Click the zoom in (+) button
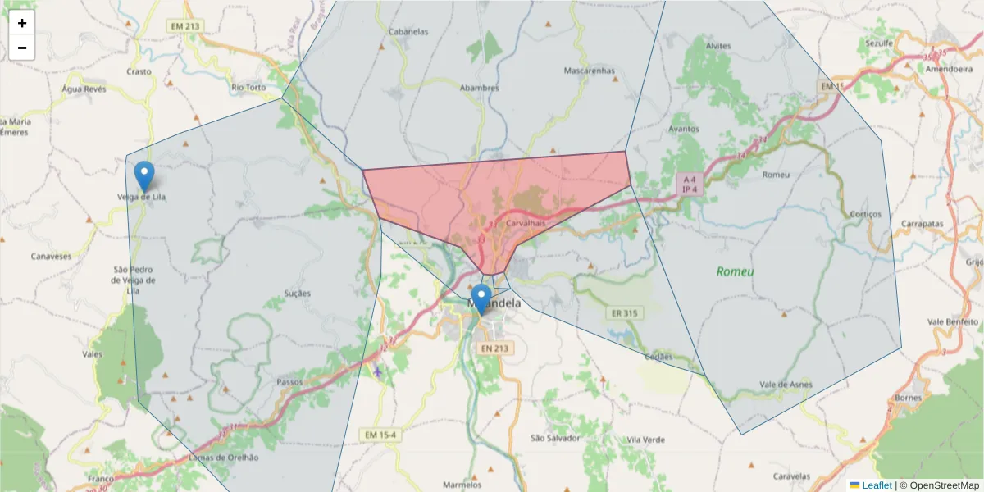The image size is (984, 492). pyautogui.click(x=22, y=23)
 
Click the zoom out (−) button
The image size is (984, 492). pyautogui.click(x=22, y=48)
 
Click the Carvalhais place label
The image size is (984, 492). pyautogui.click(x=526, y=223)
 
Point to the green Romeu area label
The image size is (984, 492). pyautogui.click(x=735, y=271)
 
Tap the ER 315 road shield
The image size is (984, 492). pyautogui.click(x=624, y=313)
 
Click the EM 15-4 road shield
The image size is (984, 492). pyautogui.click(x=380, y=434)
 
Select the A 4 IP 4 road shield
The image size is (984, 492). pyautogui.click(x=690, y=184)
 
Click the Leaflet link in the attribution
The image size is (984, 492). pyautogui.click(x=877, y=485)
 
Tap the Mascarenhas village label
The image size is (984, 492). pyautogui.click(x=589, y=71)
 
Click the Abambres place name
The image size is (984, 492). pyautogui.click(x=479, y=88)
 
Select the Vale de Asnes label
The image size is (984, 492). pyautogui.click(x=786, y=384)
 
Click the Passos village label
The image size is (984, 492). pyautogui.click(x=290, y=382)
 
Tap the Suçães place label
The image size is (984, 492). pyautogui.click(x=297, y=293)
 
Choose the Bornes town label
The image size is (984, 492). pyautogui.click(x=909, y=398)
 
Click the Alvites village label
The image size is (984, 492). pyautogui.click(x=717, y=46)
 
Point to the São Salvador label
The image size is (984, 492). pyautogui.click(x=555, y=438)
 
